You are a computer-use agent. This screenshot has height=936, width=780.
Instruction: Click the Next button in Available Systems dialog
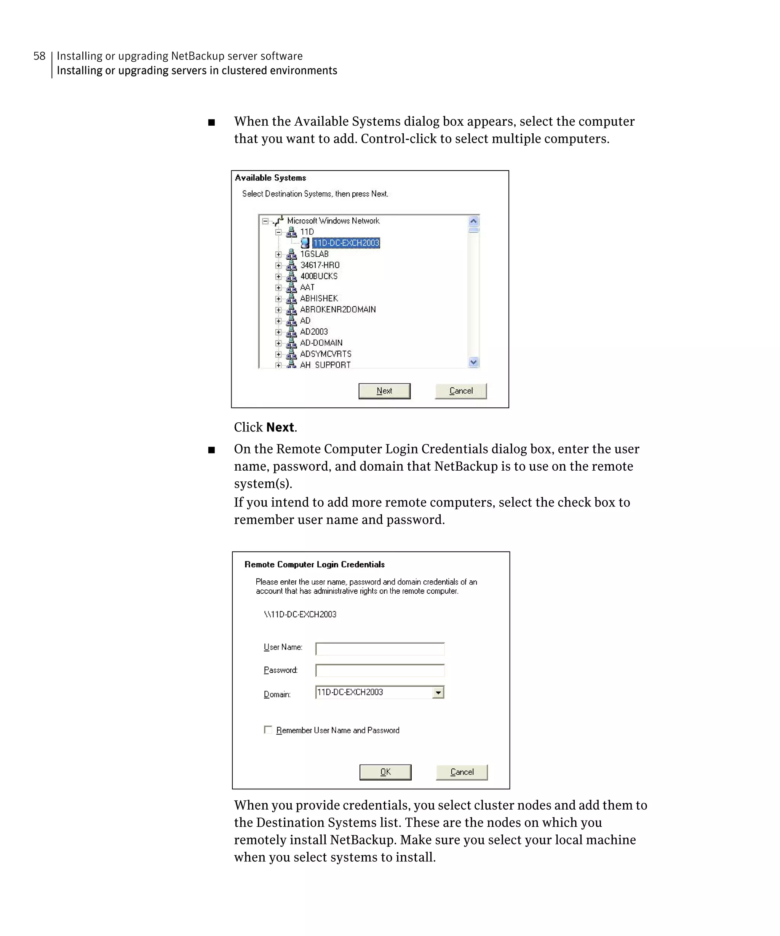pos(384,391)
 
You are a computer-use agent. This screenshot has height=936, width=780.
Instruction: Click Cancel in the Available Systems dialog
pos(460,391)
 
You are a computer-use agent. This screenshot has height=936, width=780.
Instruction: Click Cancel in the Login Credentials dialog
pos(461,772)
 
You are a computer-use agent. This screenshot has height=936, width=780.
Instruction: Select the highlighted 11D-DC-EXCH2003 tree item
pos(346,243)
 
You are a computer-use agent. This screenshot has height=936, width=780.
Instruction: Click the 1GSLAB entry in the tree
pos(314,254)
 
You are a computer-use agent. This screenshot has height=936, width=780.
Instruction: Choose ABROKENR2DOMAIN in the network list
pos(337,309)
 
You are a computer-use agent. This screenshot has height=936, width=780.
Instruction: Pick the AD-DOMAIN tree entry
pos(321,343)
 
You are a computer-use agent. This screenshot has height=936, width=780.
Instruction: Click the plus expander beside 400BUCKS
pos(278,276)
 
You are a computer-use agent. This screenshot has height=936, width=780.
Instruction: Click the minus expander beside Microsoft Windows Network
pos(265,221)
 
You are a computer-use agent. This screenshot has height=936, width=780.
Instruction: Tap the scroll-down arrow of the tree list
pos(473,363)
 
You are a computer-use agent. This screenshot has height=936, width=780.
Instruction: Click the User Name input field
pos(380,648)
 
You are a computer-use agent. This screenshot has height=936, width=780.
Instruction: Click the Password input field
pos(380,670)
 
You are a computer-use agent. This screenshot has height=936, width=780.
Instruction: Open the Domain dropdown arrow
pos(438,692)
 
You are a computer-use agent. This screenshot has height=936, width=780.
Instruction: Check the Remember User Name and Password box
pos(268,730)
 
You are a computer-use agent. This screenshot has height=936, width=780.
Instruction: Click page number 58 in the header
pos(39,56)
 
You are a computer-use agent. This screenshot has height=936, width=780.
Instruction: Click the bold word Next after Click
pos(280,427)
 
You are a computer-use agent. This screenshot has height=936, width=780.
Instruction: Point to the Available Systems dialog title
pos(270,178)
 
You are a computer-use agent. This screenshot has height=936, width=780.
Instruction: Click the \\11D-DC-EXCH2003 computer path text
pos(300,614)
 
